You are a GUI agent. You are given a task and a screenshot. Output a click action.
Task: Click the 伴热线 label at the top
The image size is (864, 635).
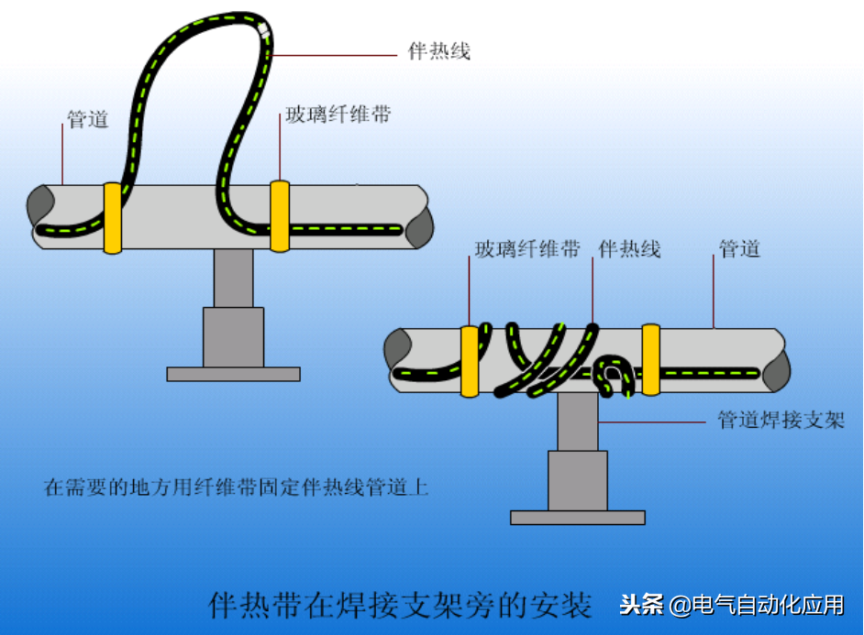point(438,51)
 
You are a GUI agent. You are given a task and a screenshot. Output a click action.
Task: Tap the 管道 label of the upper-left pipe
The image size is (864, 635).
point(88,119)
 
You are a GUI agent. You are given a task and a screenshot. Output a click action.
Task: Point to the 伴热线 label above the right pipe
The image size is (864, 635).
point(629,248)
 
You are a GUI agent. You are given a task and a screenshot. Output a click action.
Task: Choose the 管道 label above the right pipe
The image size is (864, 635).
point(739,248)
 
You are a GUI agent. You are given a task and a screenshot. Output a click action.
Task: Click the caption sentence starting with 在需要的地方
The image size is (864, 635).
point(237,487)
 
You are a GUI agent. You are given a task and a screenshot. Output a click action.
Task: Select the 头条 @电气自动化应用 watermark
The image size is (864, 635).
point(731,605)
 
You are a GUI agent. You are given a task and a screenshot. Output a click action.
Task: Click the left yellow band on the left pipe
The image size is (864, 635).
point(113,217)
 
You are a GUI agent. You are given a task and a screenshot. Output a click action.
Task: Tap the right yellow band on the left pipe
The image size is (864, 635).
point(280,215)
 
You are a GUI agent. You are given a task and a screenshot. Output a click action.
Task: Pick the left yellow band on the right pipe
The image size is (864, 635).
point(470,360)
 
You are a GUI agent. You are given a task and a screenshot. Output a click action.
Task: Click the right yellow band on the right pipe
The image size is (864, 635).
point(650,359)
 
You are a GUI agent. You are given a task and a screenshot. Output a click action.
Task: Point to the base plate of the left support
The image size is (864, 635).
point(233,374)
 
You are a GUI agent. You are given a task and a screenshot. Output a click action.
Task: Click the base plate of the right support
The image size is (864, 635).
point(577,518)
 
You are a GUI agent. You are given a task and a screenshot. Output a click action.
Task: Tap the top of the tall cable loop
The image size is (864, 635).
point(213,18)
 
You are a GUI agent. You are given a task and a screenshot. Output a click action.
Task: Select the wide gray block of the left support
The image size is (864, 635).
point(233,336)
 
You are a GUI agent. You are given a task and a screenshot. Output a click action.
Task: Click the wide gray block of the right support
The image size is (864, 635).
point(577,480)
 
